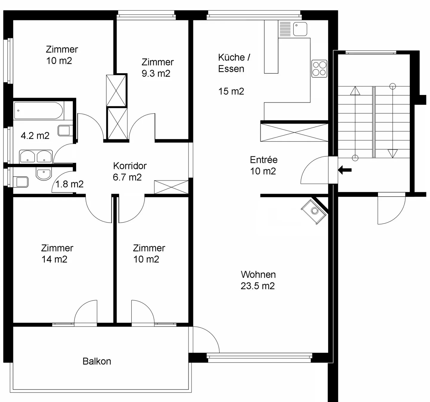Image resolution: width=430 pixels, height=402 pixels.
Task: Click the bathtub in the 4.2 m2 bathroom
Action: pos(39,111)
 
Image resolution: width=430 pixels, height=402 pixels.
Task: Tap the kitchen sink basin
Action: pos(300,29)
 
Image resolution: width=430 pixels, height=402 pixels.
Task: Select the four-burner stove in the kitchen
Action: pos(319,69)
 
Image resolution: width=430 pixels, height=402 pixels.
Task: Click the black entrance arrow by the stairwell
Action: pos(345,170)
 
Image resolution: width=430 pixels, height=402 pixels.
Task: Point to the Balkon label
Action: pos(97,361)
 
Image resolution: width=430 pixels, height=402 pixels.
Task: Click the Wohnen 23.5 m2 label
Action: pos(258,280)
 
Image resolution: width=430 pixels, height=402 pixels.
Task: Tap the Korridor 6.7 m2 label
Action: pos(130,172)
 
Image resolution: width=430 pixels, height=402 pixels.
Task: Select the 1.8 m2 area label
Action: pos(69,184)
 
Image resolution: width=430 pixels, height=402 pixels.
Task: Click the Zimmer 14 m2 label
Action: pos(57,254)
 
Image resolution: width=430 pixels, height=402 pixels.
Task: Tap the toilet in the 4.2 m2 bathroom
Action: pos(64,130)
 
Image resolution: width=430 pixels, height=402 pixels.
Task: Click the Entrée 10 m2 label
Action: pos(264,165)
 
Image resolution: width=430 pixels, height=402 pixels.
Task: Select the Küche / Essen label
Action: pos(234,63)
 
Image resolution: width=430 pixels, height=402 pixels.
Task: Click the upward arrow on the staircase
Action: pos(355,91)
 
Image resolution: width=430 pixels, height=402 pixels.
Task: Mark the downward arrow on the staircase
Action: pos(393,153)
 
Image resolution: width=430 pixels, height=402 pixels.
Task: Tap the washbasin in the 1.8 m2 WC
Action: pos(44,173)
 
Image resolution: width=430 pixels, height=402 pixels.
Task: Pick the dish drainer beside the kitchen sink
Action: pos(285,29)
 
